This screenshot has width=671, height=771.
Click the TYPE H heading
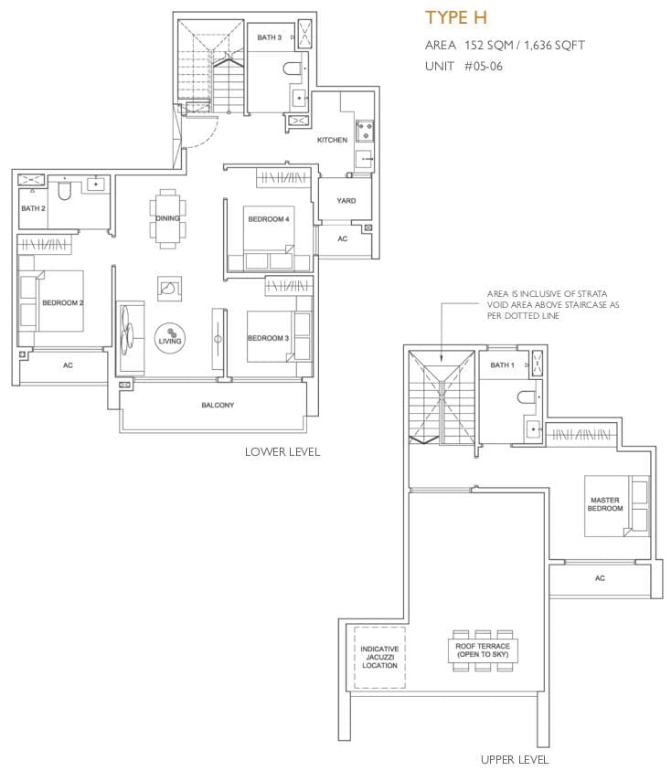(x=456, y=17)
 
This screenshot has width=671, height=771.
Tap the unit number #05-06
(x=484, y=67)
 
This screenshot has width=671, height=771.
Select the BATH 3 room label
(x=269, y=37)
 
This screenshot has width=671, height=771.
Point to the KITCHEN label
(x=332, y=140)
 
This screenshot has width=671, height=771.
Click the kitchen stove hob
(x=365, y=131)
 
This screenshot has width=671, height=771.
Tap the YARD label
(x=346, y=201)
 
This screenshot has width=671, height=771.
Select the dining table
(x=168, y=218)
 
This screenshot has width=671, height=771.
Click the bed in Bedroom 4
(x=269, y=237)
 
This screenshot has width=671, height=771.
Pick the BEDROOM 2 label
(x=62, y=303)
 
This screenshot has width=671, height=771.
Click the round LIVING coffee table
(x=170, y=338)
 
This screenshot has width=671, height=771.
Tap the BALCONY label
(x=218, y=406)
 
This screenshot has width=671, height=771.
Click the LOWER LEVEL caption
(x=282, y=452)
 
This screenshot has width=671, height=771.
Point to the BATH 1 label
(x=502, y=364)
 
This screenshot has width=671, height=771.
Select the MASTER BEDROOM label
(x=605, y=504)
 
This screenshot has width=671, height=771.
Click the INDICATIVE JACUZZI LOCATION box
(x=379, y=658)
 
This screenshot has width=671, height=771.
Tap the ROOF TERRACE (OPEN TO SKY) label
(x=483, y=650)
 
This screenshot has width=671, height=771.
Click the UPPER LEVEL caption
(x=515, y=760)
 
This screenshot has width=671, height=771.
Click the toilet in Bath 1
(x=527, y=396)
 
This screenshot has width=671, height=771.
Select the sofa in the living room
(x=131, y=338)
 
